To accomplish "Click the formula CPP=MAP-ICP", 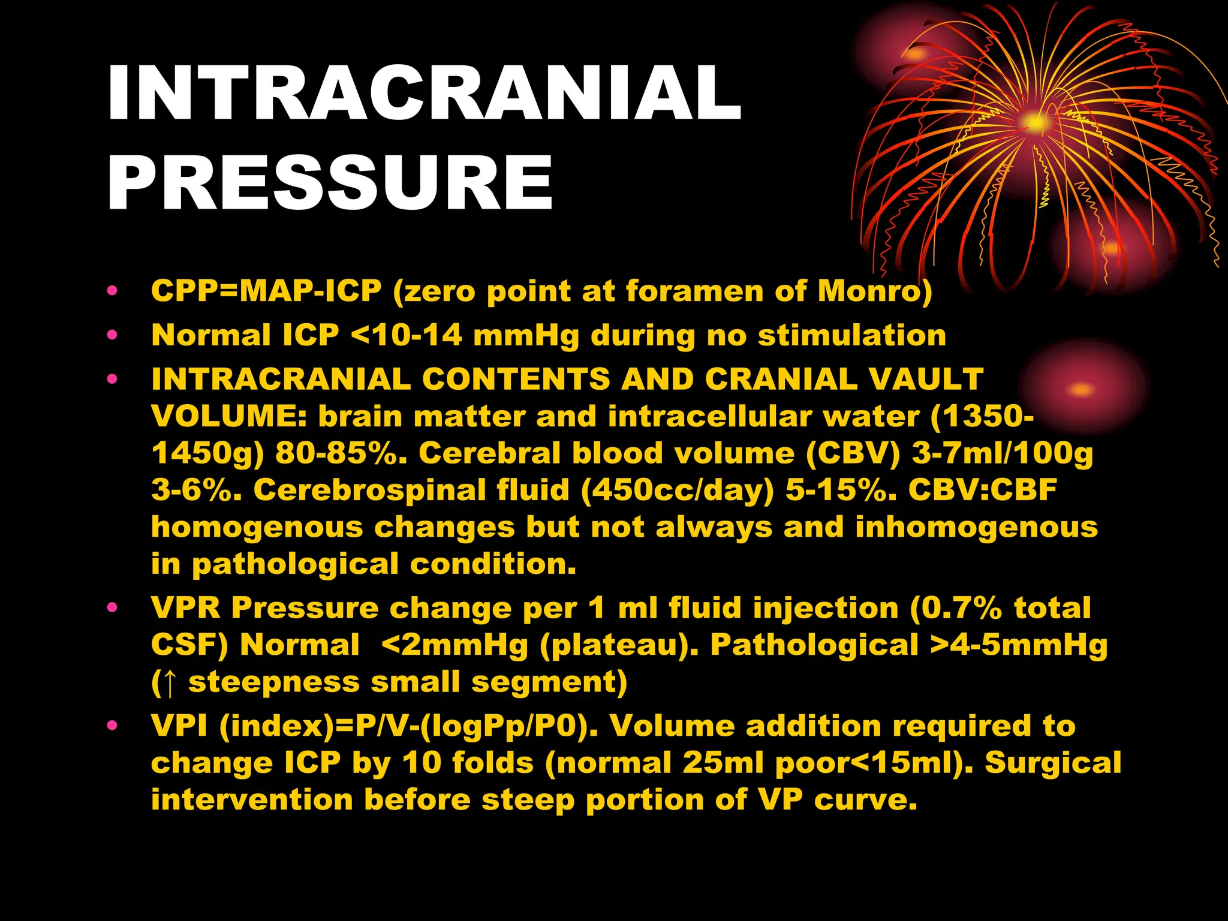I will coord(266,291).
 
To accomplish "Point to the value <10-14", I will coord(406,335).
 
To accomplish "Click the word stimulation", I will coord(852,335).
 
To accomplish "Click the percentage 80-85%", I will coord(341,453).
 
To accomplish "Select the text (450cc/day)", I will coord(678,490).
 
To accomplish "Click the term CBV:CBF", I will coord(983,490).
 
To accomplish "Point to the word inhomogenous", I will coord(976,527).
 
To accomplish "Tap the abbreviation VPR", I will coord(186,607).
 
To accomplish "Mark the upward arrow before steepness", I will coord(170,683).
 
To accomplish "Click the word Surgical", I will coord(1053,763).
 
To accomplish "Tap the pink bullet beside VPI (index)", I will coord(112,726).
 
